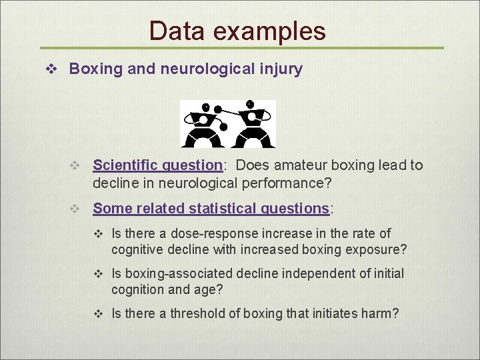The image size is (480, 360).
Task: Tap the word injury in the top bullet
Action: click(x=283, y=69)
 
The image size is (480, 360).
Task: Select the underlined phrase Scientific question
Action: click(x=157, y=165)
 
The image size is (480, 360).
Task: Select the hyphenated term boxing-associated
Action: click(x=177, y=273)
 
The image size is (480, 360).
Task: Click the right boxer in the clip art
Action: click(x=251, y=125)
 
